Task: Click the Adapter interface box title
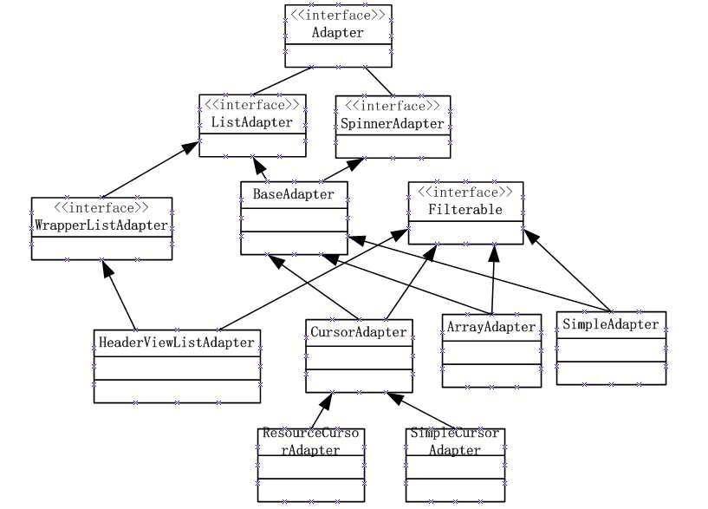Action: pos(337,33)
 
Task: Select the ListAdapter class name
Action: pos(251,122)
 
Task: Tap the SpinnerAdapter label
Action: pos(393,123)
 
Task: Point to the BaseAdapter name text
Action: pos(293,194)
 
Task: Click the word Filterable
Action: pos(464,210)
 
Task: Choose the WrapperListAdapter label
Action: pos(101,225)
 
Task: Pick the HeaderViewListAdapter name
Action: pos(177,342)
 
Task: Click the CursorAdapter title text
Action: pos(357,331)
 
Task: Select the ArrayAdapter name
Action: pos(490,327)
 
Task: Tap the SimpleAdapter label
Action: pos(610,324)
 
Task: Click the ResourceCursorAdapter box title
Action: pos(311,441)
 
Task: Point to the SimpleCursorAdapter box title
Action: pos(454,441)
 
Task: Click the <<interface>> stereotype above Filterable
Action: pos(464,193)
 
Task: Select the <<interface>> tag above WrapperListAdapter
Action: pos(101,208)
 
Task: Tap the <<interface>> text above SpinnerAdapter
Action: pos(393,106)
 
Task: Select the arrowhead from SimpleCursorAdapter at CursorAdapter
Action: pos(393,398)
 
